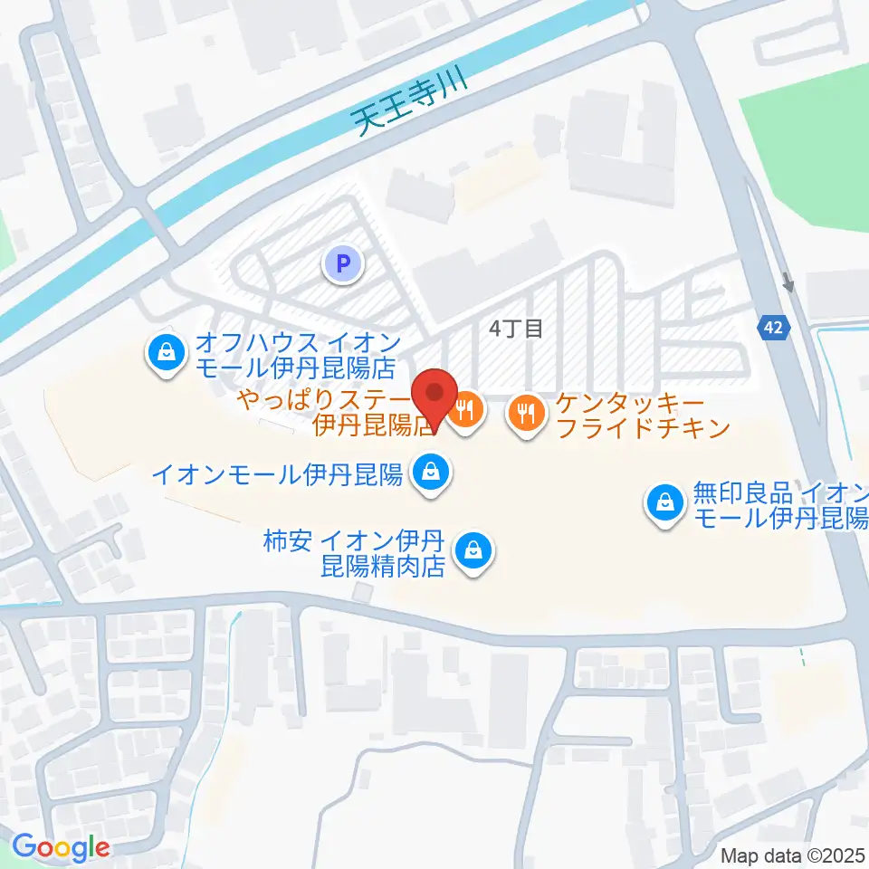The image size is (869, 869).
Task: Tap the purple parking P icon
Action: coord(342,264)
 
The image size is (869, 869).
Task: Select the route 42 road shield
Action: coord(772,328)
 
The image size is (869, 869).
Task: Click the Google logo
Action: coord(60,847)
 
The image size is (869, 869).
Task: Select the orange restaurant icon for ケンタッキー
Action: coord(526,414)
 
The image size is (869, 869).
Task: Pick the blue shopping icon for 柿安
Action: coord(473,551)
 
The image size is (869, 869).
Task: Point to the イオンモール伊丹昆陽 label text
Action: coord(277,473)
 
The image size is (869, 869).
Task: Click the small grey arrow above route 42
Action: coord(788,283)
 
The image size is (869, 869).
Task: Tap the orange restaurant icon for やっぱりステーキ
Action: coord(466,412)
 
